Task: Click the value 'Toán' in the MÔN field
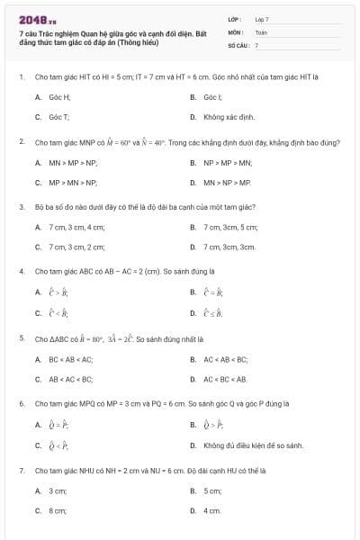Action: (261, 31)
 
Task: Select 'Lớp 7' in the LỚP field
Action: (261, 19)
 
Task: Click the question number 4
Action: (21, 270)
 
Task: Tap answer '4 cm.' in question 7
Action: (212, 510)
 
